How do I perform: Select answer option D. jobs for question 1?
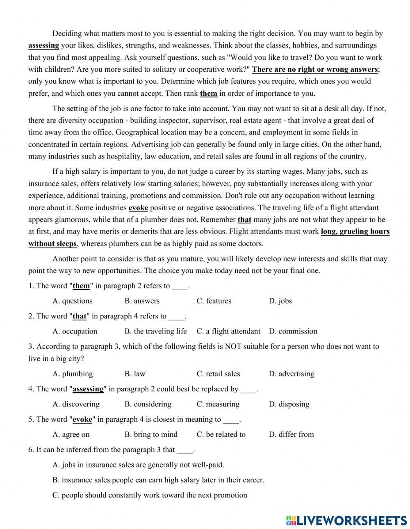pos(280,301)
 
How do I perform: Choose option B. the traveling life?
pos(155,331)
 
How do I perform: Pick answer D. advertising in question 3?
pos(292,374)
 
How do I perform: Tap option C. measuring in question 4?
pos(218,404)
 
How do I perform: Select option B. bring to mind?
pos(151,434)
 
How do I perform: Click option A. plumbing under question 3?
pos(73,374)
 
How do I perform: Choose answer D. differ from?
pos(291,434)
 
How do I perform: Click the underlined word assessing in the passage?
pos(43,45)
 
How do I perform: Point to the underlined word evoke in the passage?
pos(138,208)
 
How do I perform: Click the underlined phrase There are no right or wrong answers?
pos(314,69)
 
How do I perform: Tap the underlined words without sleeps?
pos(52,244)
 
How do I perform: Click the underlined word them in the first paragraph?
pos(208,93)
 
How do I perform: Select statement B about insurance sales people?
pos(158,480)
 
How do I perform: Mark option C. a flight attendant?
pos(228,331)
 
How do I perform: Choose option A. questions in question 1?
pos(73,301)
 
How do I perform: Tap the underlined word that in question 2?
pos(80,316)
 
